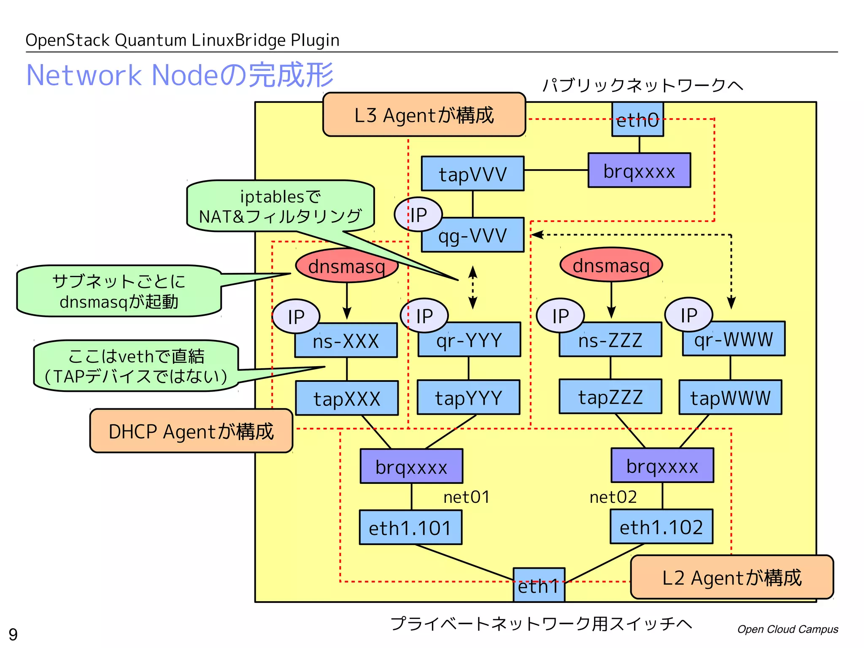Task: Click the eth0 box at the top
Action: (x=637, y=120)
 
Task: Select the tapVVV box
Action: (x=472, y=173)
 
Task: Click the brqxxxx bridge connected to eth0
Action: (x=639, y=170)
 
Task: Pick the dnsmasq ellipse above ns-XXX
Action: (x=347, y=266)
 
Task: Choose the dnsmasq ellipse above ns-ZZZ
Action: (x=611, y=265)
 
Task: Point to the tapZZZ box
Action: (x=610, y=397)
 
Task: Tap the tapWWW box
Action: (x=730, y=397)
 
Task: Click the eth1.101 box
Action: (x=410, y=527)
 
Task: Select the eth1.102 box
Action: (x=661, y=526)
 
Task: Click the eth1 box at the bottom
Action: (x=539, y=586)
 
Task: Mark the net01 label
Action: (x=466, y=497)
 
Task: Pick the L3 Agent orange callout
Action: (x=424, y=115)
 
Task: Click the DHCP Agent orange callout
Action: (x=191, y=431)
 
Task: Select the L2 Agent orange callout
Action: (x=732, y=577)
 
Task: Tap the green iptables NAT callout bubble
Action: (x=281, y=206)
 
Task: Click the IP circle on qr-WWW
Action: (x=688, y=315)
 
